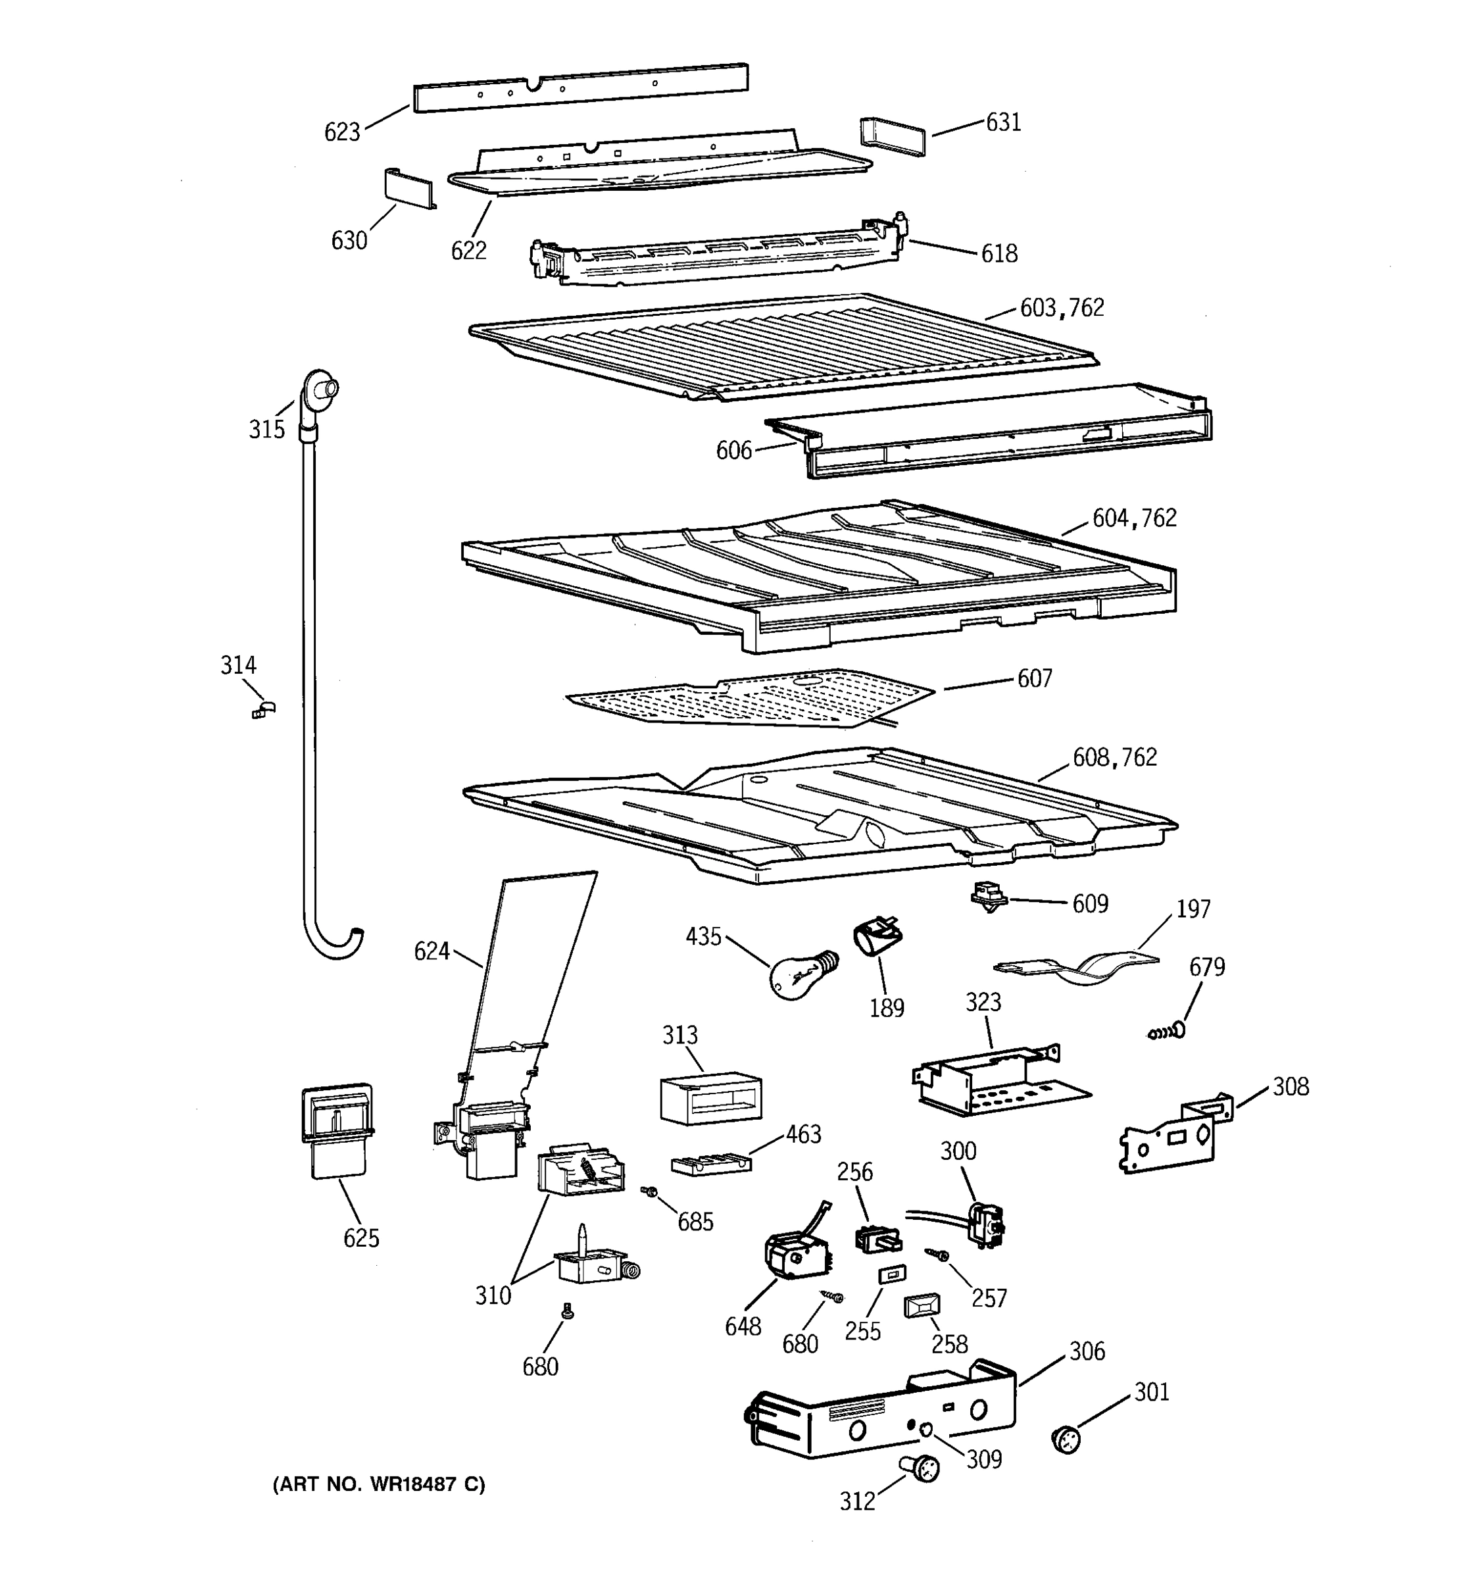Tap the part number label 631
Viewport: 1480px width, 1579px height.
(1003, 122)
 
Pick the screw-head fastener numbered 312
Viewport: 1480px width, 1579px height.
(920, 1468)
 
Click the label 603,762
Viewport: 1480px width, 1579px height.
(1062, 308)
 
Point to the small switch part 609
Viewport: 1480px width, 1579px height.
(989, 897)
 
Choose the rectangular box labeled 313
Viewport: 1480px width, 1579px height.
(710, 1099)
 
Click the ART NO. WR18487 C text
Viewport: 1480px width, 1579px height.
(378, 1484)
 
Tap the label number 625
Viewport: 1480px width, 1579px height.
(361, 1238)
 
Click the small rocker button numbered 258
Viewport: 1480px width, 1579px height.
(922, 1306)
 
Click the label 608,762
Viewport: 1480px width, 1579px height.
(1114, 758)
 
